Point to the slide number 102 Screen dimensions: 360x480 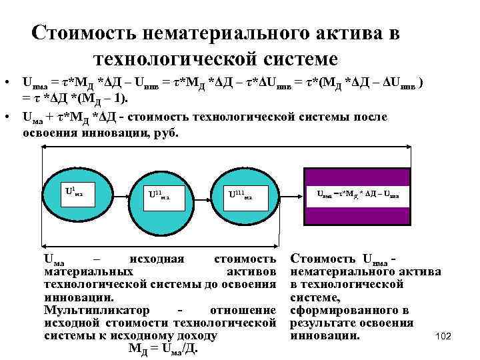pyautogui.click(x=443, y=337)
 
